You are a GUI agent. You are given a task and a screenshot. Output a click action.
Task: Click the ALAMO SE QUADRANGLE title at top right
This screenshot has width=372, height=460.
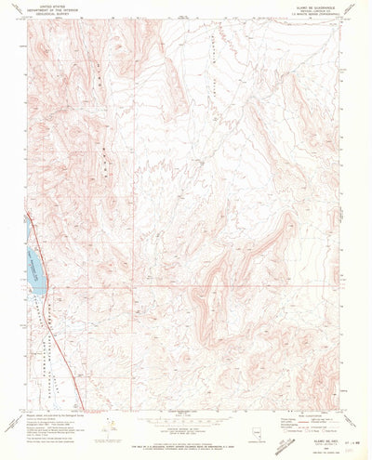click(x=315, y=5)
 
